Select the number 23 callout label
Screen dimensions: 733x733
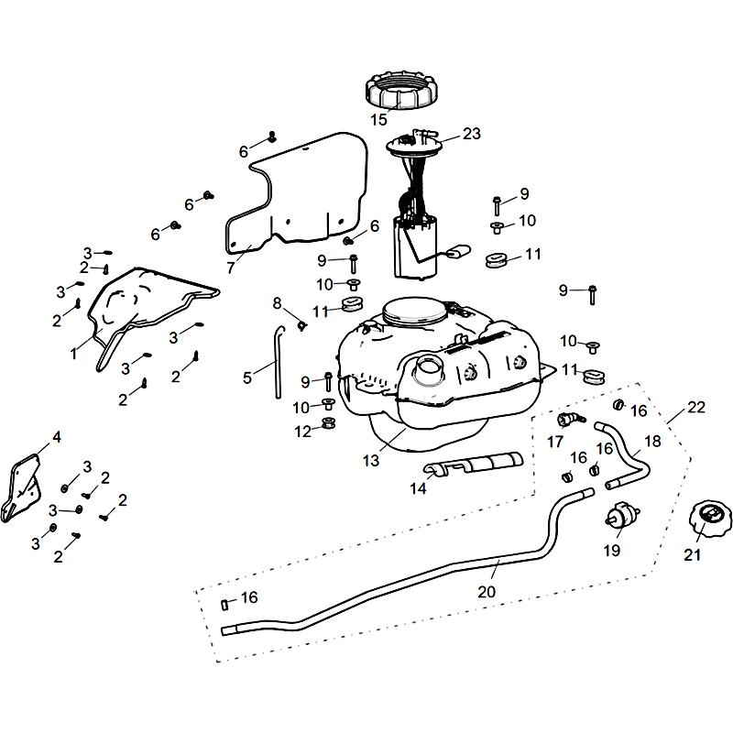click(x=471, y=134)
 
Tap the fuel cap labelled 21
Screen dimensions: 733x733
click(x=705, y=522)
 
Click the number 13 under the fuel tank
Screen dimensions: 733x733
click(x=371, y=461)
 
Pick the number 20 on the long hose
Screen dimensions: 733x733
click(x=487, y=592)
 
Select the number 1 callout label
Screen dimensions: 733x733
click(x=74, y=353)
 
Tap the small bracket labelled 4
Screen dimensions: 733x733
click(x=24, y=483)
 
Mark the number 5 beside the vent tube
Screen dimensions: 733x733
click(x=247, y=377)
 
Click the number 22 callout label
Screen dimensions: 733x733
click(x=697, y=407)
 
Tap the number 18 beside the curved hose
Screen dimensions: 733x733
click(x=652, y=441)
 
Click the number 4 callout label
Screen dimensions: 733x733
click(x=57, y=437)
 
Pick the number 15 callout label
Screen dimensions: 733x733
click(x=379, y=120)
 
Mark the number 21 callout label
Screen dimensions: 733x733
click(x=693, y=554)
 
